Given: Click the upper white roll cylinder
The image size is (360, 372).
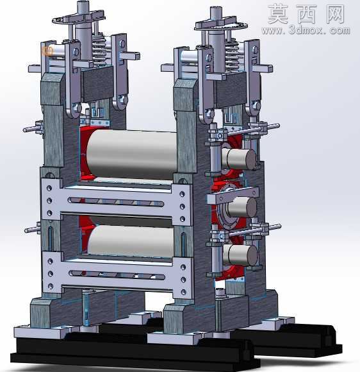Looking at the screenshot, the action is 131,154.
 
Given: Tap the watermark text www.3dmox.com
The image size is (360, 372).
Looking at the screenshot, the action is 306,31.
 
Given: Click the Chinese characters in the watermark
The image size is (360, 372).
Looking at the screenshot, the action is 306,14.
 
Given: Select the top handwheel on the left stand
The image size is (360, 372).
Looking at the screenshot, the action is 79,18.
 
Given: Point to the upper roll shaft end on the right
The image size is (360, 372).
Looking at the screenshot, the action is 239,158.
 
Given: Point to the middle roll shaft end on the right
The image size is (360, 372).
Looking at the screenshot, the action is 242,207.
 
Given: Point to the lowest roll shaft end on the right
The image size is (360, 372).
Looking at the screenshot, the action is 240,255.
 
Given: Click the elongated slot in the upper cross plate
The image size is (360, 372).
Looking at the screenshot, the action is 116,201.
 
